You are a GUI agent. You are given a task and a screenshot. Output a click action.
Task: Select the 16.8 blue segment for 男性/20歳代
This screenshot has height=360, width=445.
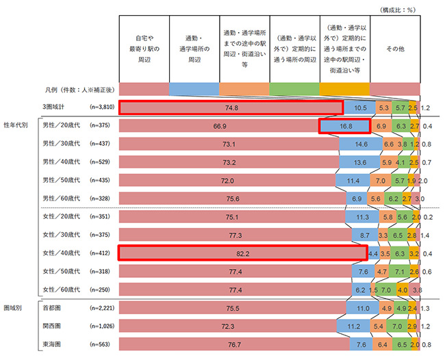pos(344,126)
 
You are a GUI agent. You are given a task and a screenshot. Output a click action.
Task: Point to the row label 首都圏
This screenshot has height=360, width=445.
pos(52,309)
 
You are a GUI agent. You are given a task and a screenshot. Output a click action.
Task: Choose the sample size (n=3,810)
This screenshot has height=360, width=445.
pos(103,107)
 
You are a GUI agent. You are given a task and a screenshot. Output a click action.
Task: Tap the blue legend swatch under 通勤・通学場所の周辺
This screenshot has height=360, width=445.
pos(194,89)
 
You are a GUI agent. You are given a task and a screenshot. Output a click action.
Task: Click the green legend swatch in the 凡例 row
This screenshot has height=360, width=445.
pos(295,89)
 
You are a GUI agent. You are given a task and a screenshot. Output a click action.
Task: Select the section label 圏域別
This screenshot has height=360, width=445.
pos(15,309)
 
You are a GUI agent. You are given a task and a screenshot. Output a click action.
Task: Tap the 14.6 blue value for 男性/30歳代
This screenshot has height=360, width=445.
pos(361,144)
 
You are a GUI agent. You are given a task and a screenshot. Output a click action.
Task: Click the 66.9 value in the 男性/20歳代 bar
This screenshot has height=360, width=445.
pos(220,126)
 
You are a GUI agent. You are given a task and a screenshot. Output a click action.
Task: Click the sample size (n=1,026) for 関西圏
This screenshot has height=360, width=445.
pos(103,326)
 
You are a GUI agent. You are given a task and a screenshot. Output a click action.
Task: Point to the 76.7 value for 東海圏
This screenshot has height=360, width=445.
pos(235,345)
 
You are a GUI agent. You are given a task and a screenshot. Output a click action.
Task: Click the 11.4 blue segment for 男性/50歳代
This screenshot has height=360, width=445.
pos(353,181)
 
